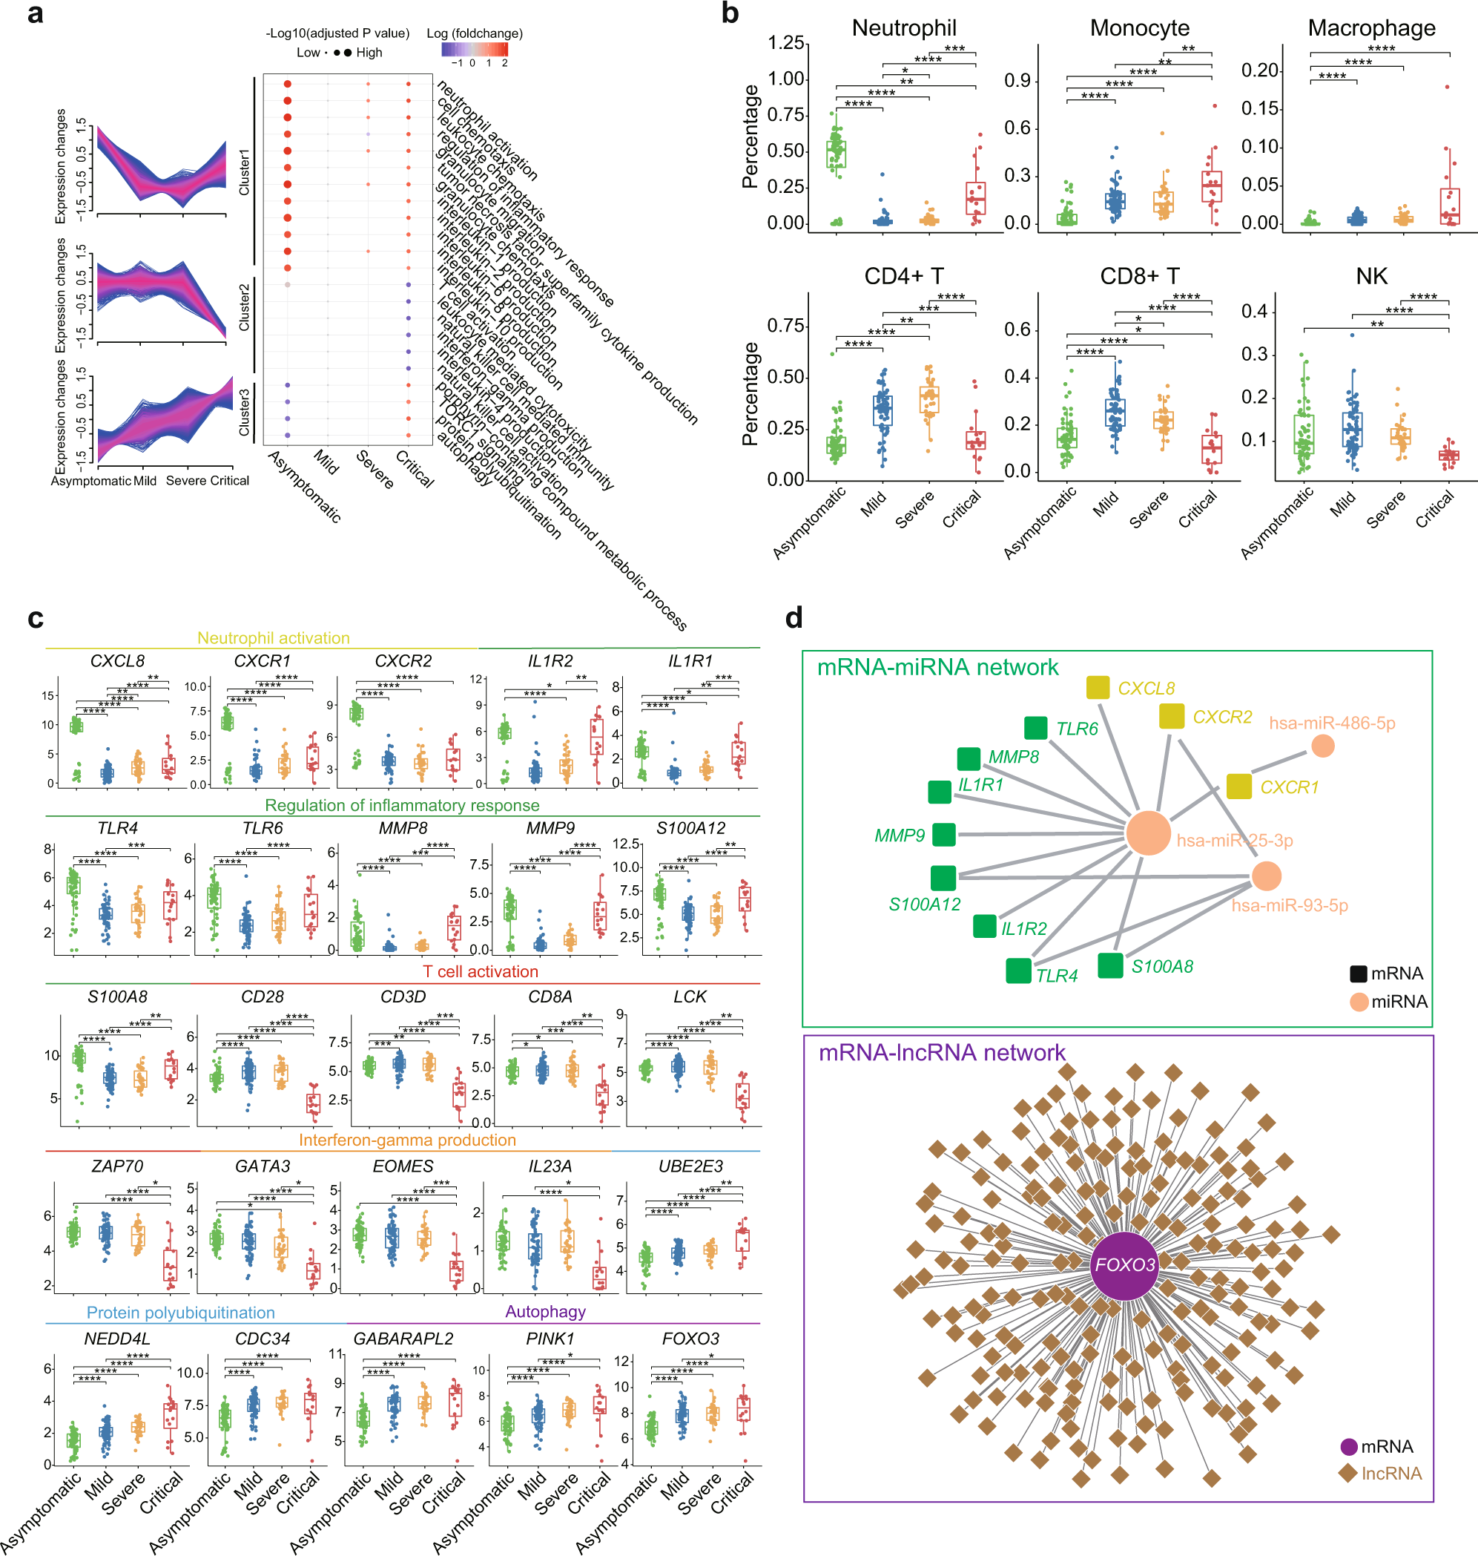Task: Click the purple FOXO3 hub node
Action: pyautogui.click(x=1124, y=1265)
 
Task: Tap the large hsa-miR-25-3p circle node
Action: pyautogui.click(x=1148, y=833)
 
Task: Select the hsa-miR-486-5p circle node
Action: pyautogui.click(x=1323, y=746)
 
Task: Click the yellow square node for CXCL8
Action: pyautogui.click(x=1098, y=687)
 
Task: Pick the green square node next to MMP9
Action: pyautogui.click(x=944, y=834)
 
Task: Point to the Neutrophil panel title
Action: pyautogui.click(x=904, y=28)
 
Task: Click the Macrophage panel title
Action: pyautogui.click(x=1371, y=28)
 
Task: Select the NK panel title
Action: pyautogui.click(x=1371, y=277)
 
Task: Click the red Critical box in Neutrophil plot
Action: pyautogui.click(x=975, y=199)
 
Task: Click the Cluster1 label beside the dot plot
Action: pyautogui.click(x=244, y=171)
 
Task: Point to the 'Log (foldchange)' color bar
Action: pyautogui.click(x=475, y=49)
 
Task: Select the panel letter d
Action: pyautogui.click(x=794, y=617)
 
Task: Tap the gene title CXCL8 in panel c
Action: pyautogui.click(x=117, y=660)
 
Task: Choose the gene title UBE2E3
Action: pyautogui.click(x=690, y=1166)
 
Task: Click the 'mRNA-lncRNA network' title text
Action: pyautogui.click(x=942, y=1052)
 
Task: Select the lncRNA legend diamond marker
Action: pyautogui.click(x=1348, y=1472)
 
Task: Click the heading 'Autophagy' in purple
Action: pyautogui.click(x=545, y=1311)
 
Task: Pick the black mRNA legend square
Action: pyautogui.click(x=1359, y=974)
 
